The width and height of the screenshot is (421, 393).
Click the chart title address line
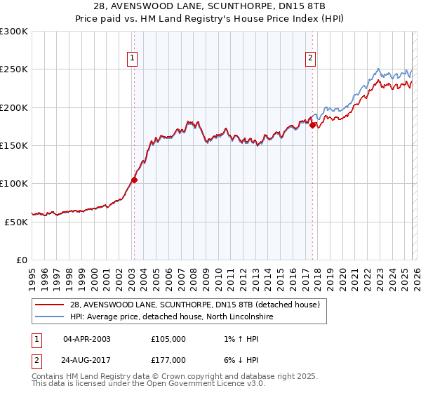pos(210,6)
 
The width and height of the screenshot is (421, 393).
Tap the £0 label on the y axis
pos(22,260)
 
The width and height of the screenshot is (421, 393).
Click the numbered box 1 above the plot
pos(133,59)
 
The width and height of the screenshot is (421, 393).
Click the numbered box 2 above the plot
pos(310,59)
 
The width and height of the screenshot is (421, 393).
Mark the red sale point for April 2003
pos(134,180)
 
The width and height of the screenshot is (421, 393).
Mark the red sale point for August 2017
pos(313,126)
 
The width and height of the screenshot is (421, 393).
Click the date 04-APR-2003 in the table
pos(87,338)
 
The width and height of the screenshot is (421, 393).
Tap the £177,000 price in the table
pos(168,359)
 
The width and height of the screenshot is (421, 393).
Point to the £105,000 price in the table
pos(168,338)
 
